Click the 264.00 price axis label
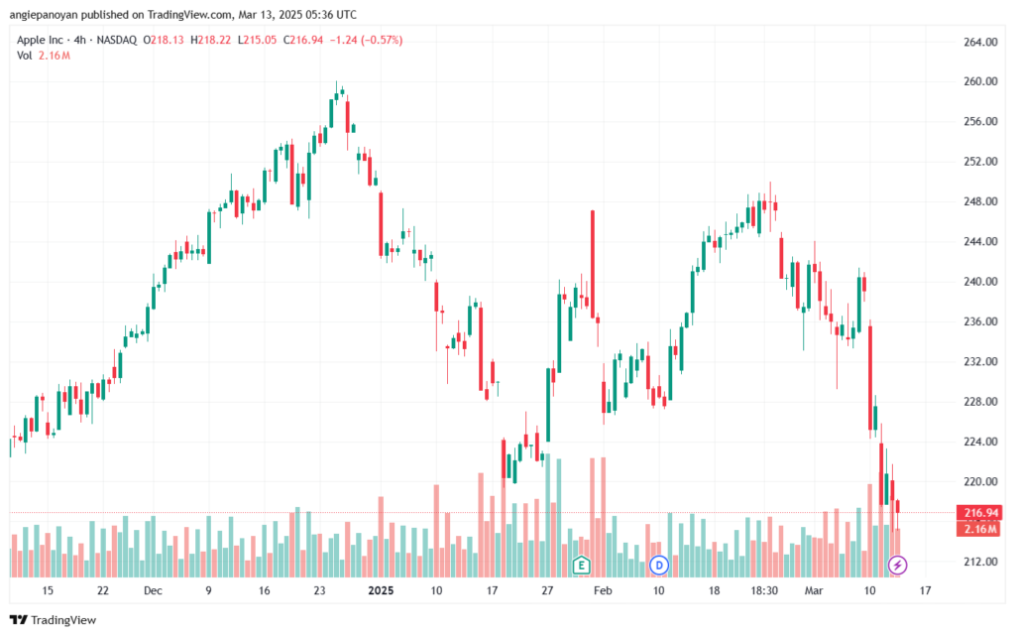978,42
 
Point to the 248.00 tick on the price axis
978,201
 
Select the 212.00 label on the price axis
978,562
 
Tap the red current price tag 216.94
978,513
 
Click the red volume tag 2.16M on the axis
978,529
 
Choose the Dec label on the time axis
152,589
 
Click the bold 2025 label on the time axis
382,589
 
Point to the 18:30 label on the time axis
764,589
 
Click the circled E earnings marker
581,566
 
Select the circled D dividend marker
659,566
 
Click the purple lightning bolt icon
898,566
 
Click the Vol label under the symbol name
25,56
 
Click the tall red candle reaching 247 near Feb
593,264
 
